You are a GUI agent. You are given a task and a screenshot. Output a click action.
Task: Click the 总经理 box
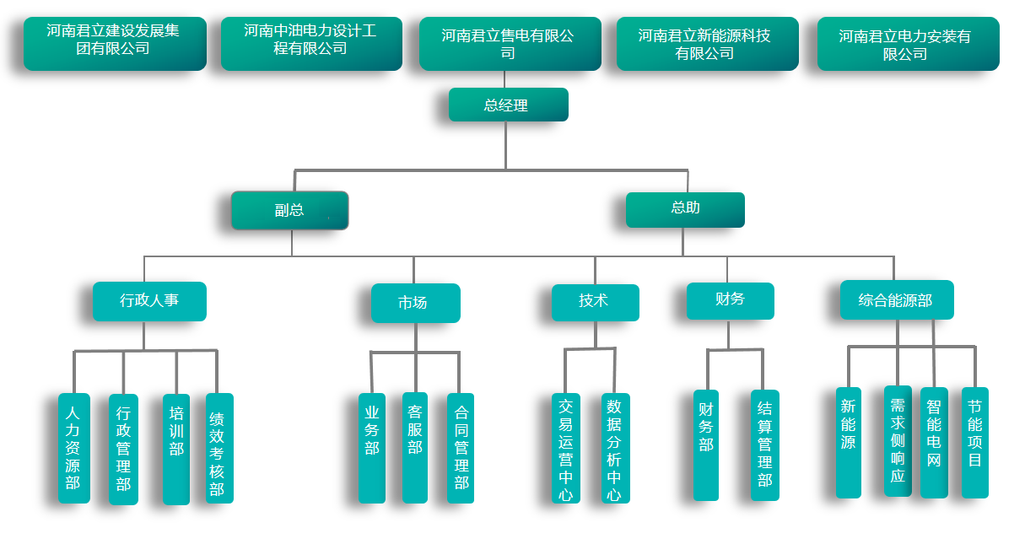coord(508,105)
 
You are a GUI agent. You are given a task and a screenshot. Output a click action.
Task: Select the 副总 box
coord(289,210)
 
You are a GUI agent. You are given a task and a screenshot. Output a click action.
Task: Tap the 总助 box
coord(685,209)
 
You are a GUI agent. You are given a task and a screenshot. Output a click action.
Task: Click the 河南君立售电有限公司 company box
coord(510,44)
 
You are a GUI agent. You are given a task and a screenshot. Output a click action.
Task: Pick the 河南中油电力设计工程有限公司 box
coord(311,43)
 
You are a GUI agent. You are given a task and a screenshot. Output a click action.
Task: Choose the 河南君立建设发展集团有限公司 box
coord(115,43)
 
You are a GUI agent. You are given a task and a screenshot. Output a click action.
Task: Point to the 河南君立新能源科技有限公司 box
coord(707,44)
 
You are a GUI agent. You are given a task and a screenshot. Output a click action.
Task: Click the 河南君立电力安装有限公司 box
coord(908,44)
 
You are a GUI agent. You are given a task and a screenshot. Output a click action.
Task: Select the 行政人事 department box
coord(149,301)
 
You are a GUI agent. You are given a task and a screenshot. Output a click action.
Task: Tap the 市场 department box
coord(415,303)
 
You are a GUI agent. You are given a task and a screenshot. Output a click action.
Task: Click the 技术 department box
coord(595,302)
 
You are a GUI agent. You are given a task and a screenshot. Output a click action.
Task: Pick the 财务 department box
coord(730,300)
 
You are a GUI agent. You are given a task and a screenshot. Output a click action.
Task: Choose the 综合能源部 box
coord(896,300)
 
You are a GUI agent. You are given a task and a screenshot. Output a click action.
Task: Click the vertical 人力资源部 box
coord(73,448)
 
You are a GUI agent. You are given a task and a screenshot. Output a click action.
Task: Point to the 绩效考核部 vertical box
coord(218,448)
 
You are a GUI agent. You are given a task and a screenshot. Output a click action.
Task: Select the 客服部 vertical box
coord(414,448)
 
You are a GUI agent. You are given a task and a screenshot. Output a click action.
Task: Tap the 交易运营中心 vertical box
coord(565,448)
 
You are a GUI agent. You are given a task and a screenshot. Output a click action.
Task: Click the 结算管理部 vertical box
coord(764,445)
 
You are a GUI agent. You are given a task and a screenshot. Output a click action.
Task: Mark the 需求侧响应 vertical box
coord(897,441)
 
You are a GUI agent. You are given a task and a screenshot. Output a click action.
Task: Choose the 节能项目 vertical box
coord(974,443)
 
